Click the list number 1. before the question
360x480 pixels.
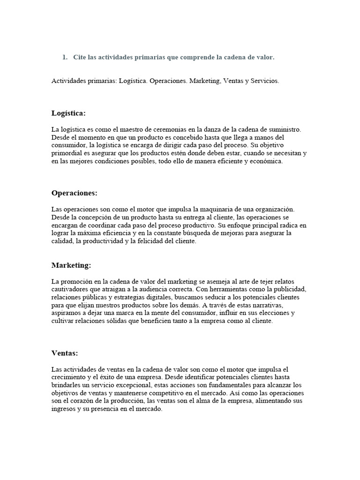pyautogui.click(x=65, y=57)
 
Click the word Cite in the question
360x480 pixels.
pyautogui.click(x=80, y=57)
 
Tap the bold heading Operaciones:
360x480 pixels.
pyautogui.click(x=74, y=193)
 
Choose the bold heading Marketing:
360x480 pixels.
pyautogui.click(x=71, y=265)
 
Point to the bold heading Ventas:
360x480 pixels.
pyautogui.click(x=65, y=353)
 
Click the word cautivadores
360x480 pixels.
pyautogui.click(x=72, y=289)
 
